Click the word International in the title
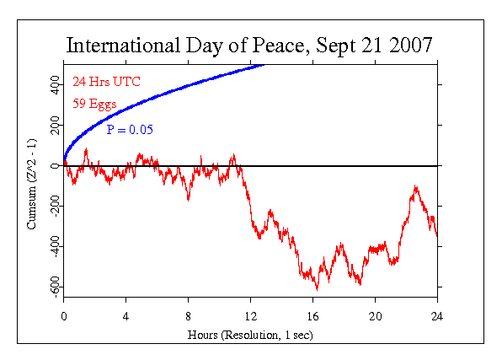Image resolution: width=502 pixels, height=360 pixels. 118,44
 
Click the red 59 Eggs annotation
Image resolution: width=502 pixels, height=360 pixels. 93,105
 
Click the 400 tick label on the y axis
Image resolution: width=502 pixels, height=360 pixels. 53,86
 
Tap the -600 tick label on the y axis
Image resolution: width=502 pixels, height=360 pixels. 53,287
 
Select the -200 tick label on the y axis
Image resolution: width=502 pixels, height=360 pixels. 53,207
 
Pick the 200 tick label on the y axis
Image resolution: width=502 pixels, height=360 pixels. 53,126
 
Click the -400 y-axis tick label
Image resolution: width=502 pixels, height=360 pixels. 53,247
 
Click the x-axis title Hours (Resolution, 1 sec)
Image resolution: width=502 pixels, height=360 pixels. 250,335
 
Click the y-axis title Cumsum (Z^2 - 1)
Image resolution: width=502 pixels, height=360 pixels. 32,187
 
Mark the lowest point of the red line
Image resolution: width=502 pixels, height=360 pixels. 318,289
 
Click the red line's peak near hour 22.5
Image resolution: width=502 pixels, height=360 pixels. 415,185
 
